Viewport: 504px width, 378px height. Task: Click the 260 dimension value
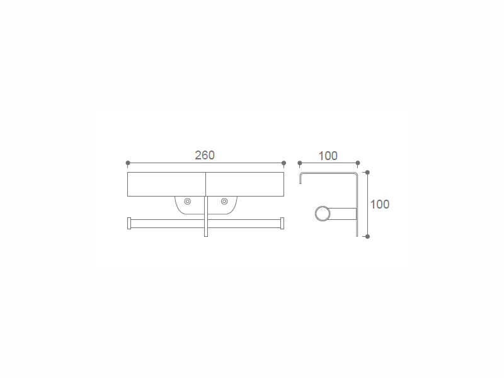(x=205, y=155)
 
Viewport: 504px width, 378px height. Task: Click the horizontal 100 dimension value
(x=328, y=156)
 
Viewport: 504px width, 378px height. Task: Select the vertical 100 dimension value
(x=380, y=204)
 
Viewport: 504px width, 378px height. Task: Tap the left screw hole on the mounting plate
(x=187, y=202)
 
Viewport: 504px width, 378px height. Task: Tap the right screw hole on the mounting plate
(x=224, y=202)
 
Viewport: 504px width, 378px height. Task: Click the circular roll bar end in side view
(x=323, y=214)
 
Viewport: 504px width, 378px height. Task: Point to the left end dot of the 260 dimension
(x=128, y=163)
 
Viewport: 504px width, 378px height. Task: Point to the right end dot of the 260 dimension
(x=283, y=163)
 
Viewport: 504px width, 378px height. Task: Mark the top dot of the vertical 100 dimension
(x=367, y=173)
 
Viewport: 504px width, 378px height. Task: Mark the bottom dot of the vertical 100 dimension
(x=367, y=237)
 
